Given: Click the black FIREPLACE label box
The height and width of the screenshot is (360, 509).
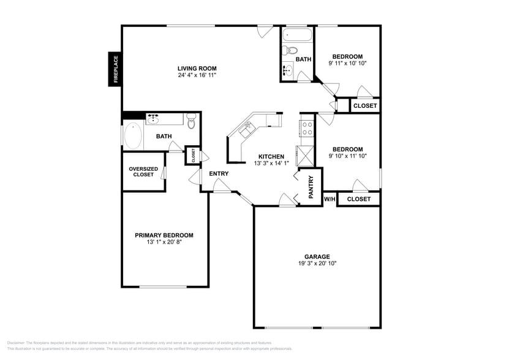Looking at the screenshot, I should tap(115, 69).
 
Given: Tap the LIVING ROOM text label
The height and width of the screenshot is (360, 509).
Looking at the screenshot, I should tap(197, 69).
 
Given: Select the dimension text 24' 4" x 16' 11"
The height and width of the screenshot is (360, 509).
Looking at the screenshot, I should tap(197, 76).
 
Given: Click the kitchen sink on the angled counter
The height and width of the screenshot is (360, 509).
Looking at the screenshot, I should tap(248, 128).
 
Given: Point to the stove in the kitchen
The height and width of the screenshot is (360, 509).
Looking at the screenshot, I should tap(306, 128).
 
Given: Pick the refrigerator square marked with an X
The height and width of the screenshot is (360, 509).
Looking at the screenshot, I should tap(304, 156).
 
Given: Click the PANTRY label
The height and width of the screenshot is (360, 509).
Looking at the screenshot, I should tap(311, 187).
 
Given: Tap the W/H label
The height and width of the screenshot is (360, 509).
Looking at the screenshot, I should tap(330, 199).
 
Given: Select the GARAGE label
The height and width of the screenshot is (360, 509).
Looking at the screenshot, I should tap(317, 257).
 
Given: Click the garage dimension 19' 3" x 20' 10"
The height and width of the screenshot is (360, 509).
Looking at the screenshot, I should tap(317, 264).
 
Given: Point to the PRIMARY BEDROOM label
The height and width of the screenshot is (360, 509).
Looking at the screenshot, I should tap(164, 235).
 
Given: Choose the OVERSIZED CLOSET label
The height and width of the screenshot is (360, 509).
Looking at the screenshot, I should tap(143, 172).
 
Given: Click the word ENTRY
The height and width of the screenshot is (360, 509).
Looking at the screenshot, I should tap(219, 174).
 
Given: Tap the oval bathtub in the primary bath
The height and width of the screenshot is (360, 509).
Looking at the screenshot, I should tap(132, 137).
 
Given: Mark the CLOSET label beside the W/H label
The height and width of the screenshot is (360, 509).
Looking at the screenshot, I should tap(358, 199).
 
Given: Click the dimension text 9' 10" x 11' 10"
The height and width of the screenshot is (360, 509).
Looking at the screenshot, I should tap(347, 157).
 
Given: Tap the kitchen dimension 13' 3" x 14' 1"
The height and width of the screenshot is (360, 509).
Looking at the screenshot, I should tap(270, 163).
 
